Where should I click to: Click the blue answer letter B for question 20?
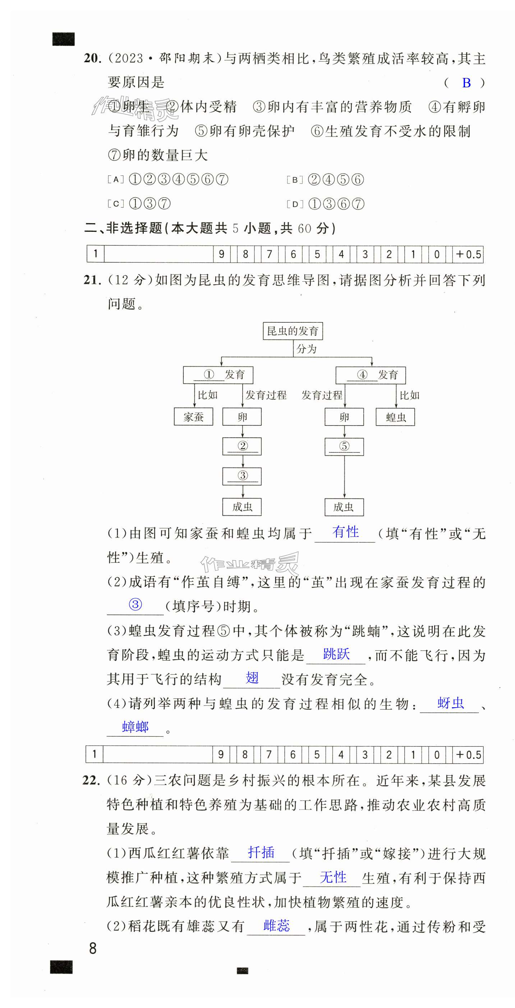pos(466,83)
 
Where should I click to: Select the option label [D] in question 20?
pos(295,204)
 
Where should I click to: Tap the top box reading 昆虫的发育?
pos(293,331)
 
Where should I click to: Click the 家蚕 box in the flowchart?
pos(194,417)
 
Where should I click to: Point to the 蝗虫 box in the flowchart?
pos(395,417)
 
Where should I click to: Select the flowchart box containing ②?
pos(242,446)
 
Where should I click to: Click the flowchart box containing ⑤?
pos(344,446)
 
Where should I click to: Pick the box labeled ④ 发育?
pos(371,375)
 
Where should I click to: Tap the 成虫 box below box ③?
pos(242,507)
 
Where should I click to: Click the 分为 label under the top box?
pos(307,349)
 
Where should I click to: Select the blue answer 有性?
pos(345,532)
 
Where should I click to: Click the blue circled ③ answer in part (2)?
pos(135,604)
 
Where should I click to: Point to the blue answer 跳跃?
pos(336,654)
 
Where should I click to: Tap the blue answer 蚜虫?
pos(450,703)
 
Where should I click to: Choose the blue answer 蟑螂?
pos(135,727)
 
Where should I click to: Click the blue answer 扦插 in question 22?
pos(261,853)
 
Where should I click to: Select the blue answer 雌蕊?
pos(276,925)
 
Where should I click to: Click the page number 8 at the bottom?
pos(93,948)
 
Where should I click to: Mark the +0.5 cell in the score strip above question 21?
pos(468,254)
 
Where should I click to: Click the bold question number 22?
pos(91,780)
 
